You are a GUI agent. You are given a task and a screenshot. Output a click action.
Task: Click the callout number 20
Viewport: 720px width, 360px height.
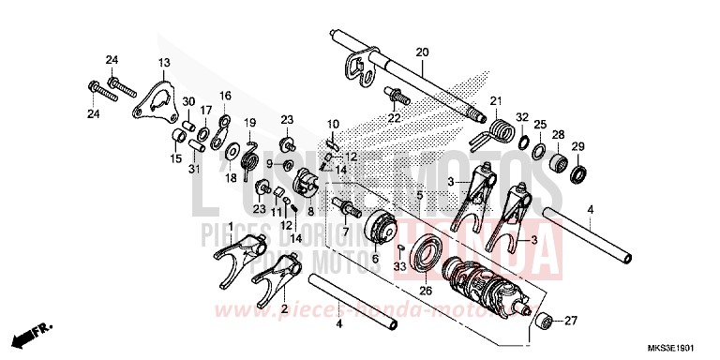pyautogui.click(x=421, y=52)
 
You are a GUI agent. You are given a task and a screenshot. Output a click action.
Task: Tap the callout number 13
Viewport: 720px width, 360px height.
pyautogui.click(x=164, y=63)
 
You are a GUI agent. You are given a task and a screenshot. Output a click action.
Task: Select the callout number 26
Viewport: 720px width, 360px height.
pyautogui.click(x=426, y=292)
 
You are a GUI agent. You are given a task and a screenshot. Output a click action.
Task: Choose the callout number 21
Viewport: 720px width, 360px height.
pyautogui.click(x=496, y=101)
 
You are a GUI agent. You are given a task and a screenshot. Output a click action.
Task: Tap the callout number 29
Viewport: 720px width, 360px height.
pyautogui.click(x=577, y=145)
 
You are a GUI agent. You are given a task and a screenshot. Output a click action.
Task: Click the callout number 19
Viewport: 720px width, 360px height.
pyautogui.click(x=250, y=123)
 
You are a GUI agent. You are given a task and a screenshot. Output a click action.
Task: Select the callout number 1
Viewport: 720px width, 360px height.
pyautogui.click(x=232, y=226)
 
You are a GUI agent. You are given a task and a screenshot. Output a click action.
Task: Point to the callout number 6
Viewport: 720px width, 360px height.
pyautogui.click(x=375, y=259)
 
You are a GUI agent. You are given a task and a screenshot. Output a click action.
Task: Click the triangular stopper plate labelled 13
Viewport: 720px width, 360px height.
pyautogui.click(x=152, y=99)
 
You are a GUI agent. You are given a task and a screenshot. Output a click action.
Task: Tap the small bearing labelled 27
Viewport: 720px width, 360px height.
pyautogui.click(x=541, y=322)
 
